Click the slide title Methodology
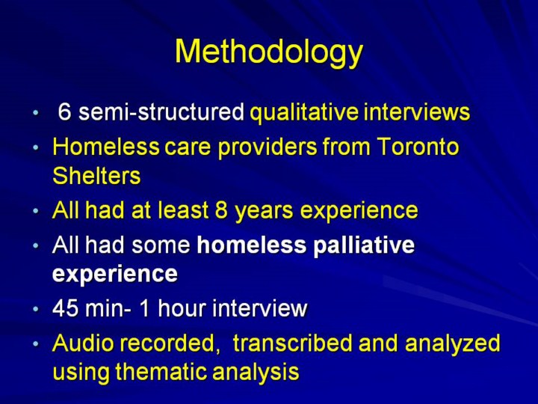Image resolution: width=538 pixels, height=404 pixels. (269, 52)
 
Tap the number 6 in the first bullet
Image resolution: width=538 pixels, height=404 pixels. (64, 111)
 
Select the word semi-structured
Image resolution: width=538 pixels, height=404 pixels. (161, 111)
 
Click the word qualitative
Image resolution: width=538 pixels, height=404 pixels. (304, 113)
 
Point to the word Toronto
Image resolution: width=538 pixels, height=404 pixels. (418, 147)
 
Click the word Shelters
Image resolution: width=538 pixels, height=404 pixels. (96, 176)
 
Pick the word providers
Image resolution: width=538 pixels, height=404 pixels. (268, 147)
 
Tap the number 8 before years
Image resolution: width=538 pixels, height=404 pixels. (221, 210)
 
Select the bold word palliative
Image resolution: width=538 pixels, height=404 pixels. (364, 245)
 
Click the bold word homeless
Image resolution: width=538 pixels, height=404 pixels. (252, 245)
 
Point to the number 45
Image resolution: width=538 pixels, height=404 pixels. (65, 307)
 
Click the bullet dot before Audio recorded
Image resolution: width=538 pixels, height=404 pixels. (36, 344)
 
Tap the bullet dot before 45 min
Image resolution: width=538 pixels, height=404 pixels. (36, 308)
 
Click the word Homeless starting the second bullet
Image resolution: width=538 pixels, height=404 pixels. (106, 147)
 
